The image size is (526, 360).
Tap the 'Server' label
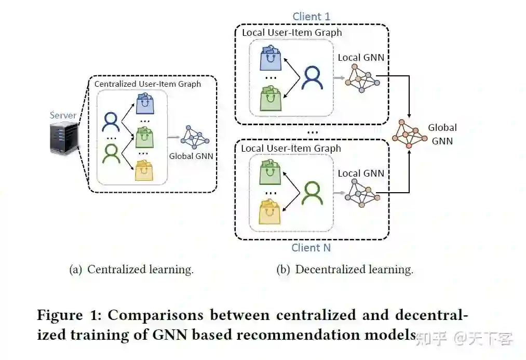[63, 115]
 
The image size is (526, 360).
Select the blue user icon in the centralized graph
[111, 122]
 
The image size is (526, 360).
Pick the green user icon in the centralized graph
[111, 153]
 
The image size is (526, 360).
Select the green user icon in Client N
[313, 193]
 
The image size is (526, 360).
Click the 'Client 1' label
[311, 16]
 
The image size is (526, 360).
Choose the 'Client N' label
[311, 247]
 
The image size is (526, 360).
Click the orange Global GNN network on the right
[409, 134]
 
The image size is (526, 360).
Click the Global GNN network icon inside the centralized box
[196, 137]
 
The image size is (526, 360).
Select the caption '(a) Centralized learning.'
[131, 270]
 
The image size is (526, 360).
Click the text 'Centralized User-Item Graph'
[147, 83]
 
